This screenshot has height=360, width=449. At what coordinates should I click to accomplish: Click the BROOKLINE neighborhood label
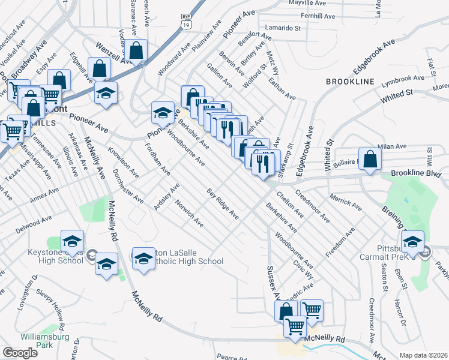pyautogui.click(x=350, y=81)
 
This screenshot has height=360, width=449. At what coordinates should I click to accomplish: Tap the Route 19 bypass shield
pyautogui.click(x=187, y=22)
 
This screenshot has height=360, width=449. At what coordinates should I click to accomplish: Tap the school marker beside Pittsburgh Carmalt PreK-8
pyautogui.click(x=412, y=242)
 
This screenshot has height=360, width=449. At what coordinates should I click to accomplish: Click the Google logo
pyautogui.click(x=20, y=353)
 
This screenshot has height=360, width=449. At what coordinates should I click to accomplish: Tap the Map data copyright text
pyautogui.click(x=424, y=355)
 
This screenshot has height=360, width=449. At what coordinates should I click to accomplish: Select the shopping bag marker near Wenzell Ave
pyautogui.click(x=137, y=52)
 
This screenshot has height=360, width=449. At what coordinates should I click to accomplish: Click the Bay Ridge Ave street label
pyautogui.click(x=223, y=205)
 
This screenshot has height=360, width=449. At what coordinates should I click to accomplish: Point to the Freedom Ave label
pyautogui.click(x=341, y=243)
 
